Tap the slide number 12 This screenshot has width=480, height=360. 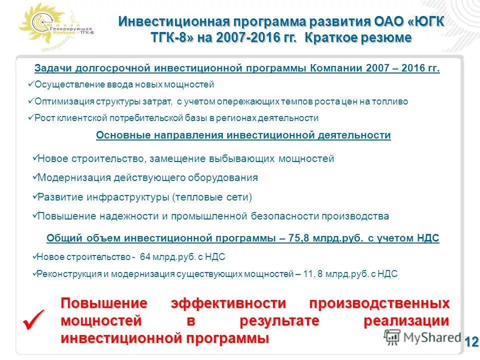tap(471, 342)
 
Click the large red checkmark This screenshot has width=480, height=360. tap(33, 319)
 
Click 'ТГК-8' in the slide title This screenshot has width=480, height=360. tap(171, 37)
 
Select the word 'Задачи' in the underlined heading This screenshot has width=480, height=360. tap(53, 68)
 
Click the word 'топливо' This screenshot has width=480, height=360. tap(391, 101)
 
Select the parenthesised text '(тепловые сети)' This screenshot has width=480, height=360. tap(212, 197)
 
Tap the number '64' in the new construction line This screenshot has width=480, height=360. tap(145, 257)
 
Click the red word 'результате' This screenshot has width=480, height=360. tap(279, 321)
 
